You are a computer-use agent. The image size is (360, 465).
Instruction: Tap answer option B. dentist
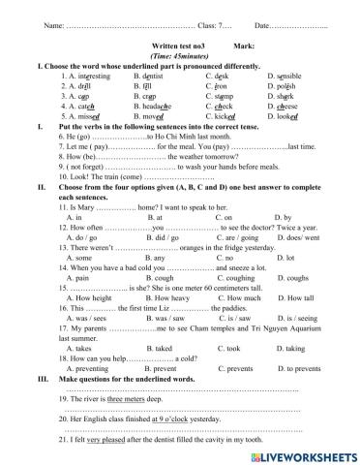tap(161, 75)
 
